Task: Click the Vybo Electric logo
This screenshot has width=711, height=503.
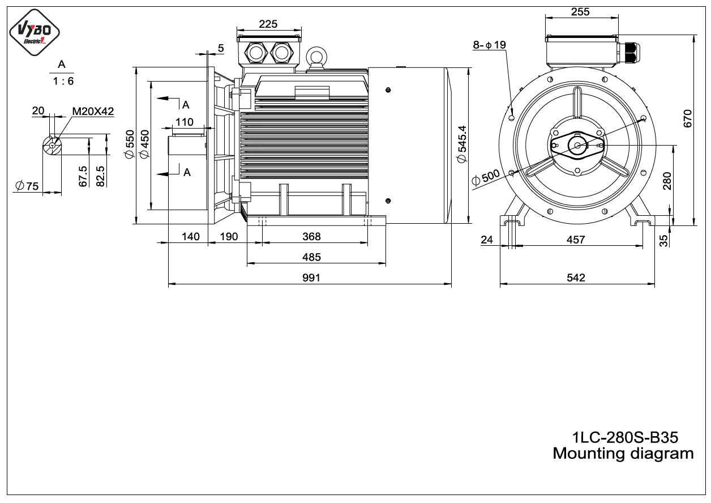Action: pyautogui.click(x=35, y=32)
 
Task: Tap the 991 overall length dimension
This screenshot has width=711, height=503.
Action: pyautogui.click(x=311, y=278)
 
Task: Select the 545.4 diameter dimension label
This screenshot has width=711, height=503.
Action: pyautogui.click(x=462, y=144)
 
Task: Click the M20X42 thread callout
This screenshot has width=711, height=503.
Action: pyautogui.click(x=93, y=111)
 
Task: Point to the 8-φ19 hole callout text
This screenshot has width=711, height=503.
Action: pyautogui.click(x=489, y=45)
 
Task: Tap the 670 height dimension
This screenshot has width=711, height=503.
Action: pyautogui.click(x=688, y=119)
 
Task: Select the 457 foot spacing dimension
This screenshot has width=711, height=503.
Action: pyautogui.click(x=576, y=240)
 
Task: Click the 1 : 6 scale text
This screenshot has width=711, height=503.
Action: pyautogui.click(x=63, y=82)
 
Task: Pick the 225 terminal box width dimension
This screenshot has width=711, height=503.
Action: pyautogui.click(x=268, y=24)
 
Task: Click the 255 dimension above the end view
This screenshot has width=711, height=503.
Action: pyautogui.click(x=580, y=12)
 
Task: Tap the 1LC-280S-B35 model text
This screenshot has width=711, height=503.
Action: pyautogui.click(x=625, y=438)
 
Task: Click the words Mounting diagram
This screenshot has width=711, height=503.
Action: pyautogui.click(x=623, y=454)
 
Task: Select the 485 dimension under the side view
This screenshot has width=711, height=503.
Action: pyautogui.click(x=311, y=257)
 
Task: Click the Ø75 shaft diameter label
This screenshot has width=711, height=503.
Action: pyautogui.click(x=27, y=186)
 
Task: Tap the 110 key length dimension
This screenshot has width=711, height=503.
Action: pyautogui.click(x=185, y=122)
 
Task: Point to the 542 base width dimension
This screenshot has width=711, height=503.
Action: pyautogui.click(x=576, y=278)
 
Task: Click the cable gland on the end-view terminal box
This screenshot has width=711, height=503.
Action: pyautogui.click(x=629, y=53)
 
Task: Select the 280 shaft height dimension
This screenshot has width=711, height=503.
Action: pyautogui.click(x=667, y=181)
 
